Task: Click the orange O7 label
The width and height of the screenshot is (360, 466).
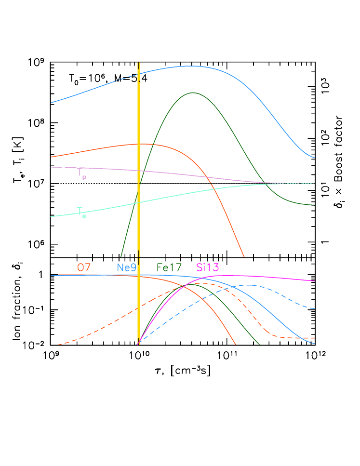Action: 84,267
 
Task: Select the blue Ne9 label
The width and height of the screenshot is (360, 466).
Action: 127,267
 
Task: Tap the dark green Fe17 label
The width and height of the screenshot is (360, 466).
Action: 169,267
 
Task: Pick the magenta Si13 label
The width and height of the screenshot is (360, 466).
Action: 208,267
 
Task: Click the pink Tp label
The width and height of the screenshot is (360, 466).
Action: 81,174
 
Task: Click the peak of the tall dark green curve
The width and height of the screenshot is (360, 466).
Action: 193,93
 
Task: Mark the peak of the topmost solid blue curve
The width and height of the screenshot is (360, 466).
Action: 192,66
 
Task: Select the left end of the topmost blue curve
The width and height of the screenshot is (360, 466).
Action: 51,103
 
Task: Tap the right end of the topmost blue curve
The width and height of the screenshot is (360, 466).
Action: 315,158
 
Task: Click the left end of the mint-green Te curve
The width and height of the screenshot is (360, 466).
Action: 51,216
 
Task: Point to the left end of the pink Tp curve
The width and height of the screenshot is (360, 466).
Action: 51,167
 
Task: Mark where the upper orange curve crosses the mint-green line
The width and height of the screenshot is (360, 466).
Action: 215,189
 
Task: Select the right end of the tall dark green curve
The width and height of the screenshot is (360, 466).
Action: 315,205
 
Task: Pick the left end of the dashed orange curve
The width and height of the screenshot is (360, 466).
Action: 58,345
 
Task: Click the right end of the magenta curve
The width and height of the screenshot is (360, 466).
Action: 315,280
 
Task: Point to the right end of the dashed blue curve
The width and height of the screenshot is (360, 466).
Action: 315,308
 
